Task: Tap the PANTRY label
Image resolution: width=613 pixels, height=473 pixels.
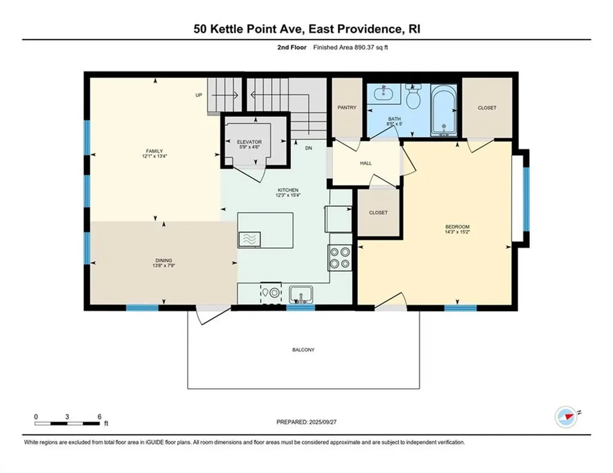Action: (347, 108)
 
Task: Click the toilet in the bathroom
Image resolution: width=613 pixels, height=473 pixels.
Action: (413, 95)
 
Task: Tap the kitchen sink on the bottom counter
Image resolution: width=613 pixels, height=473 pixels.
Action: (300, 294)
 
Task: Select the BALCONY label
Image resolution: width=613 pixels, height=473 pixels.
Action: (304, 350)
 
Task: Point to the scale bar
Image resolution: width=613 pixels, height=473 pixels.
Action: (68, 423)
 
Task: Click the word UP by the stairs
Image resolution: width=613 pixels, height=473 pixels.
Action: (198, 95)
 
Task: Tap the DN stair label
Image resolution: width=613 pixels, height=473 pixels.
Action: (308, 147)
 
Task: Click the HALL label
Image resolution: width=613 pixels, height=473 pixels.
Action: (366, 162)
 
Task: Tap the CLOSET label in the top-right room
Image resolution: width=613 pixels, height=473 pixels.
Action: (487, 108)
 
